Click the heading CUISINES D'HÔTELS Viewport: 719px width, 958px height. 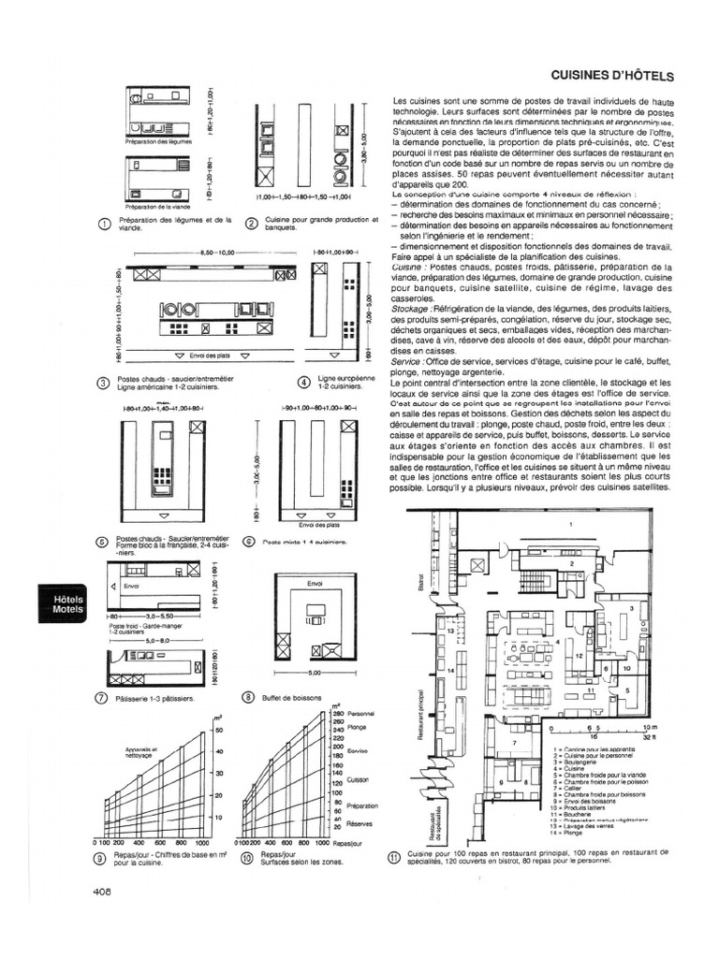(x=613, y=76)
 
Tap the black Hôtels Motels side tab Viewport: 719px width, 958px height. (x=68, y=603)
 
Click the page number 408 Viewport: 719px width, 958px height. (x=103, y=892)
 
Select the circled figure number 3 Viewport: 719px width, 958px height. (x=104, y=383)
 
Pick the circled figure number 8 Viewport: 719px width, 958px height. (x=248, y=697)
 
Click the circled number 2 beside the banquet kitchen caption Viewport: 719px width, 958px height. (x=250, y=223)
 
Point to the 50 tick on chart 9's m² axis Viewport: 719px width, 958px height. (x=218, y=730)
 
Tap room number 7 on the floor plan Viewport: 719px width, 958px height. (x=515, y=742)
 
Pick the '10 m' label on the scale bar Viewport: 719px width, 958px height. (x=653, y=727)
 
